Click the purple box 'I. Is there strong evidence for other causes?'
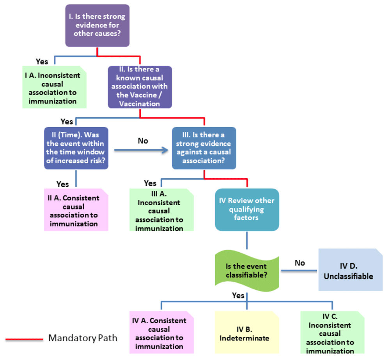pyautogui.click(x=97, y=25)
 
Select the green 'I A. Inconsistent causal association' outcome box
pyautogui.click(x=55, y=87)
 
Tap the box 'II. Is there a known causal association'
pyautogui.click(x=140, y=87)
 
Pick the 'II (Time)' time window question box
pyautogui.click(x=76, y=148)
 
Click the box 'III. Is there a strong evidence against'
pyautogui.click(x=204, y=148)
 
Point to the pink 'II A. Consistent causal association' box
pyautogui.click(x=76, y=210)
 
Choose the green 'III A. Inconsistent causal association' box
pyautogui.click(x=161, y=210)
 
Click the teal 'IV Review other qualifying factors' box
pyautogui.click(x=247, y=210)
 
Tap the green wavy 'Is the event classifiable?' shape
pyautogui.click(x=247, y=271)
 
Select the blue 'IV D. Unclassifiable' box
pyautogui.click(x=351, y=270)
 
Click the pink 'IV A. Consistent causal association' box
pyautogui.click(x=161, y=332)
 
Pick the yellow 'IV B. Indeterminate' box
pyautogui.click(x=247, y=332)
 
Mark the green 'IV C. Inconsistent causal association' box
pyautogui.click(x=332, y=332)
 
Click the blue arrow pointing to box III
pyautogui.click(x=141, y=150)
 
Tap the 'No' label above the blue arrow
pyautogui.click(x=143, y=141)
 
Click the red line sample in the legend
pyautogui.click(x=24, y=339)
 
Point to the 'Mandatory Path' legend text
pyautogui.click(x=83, y=338)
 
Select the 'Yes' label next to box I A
pyautogui.click(x=42, y=62)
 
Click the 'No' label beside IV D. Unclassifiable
pyautogui.click(x=300, y=263)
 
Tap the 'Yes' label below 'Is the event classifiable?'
pyautogui.click(x=238, y=295)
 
